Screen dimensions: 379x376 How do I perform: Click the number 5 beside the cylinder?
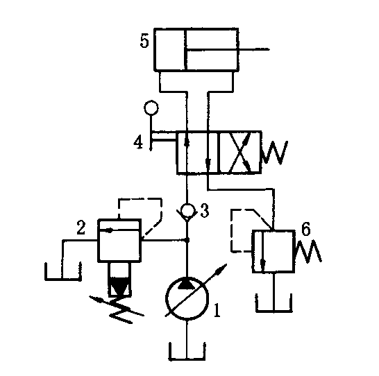tap(144, 42)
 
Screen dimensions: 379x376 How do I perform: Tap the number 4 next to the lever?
tap(139, 142)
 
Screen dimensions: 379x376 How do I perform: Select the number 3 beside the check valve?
tap(205, 211)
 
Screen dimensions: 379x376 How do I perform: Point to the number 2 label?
tap(81, 228)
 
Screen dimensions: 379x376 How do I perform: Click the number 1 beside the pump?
tap(217, 310)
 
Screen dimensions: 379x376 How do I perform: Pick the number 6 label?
tap(306, 229)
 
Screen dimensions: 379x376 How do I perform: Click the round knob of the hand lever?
tap(151, 108)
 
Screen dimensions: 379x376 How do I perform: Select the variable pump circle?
tap(187, 299)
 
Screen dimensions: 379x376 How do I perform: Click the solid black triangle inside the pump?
tap(187, 283)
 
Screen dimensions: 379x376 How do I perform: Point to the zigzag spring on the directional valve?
tap(275, 152)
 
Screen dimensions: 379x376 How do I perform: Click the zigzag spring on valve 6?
tap(308, 251)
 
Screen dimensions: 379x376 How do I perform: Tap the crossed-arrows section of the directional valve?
tap(240, 152)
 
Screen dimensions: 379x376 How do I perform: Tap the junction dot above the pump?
tap(187, 240)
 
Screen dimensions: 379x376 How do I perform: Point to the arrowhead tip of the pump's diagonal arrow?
tap(227, 264)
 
